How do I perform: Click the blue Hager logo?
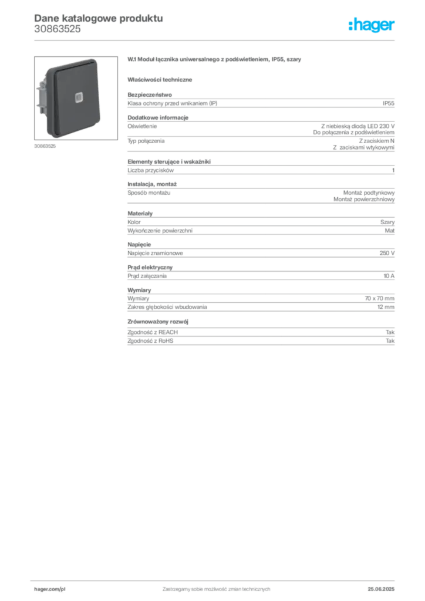373,26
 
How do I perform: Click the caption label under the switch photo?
44,146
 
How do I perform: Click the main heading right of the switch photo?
215,61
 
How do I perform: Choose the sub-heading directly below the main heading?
162,79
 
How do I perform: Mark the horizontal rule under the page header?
215,40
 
